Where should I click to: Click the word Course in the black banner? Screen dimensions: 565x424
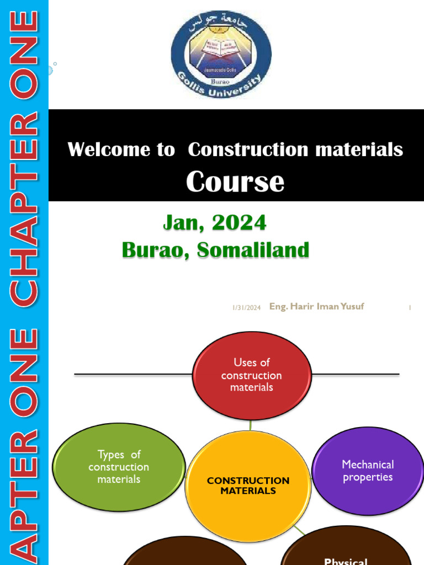click(235, 182)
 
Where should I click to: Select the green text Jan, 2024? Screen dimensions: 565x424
click(215, 222)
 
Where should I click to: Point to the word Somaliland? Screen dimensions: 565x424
click(253, 250)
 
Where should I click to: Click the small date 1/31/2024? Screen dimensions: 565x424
click(246, 308)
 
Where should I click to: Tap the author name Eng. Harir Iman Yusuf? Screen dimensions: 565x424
click(316, 306)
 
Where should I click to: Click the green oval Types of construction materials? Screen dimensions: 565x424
click(119, 467)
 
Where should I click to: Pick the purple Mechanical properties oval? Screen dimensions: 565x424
click(368, 471)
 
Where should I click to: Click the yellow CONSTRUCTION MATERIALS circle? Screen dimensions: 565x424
click(248, 486)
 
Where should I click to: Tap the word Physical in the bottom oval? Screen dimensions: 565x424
click(346, 561)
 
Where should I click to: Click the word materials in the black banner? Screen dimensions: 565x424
click(359, 150)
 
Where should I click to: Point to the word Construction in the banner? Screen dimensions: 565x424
click(248, 150)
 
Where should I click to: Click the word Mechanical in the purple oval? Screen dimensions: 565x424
click(368, 465)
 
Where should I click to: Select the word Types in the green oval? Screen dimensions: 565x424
click(110, 455)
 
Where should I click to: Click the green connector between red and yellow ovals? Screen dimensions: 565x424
click(251, 425)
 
